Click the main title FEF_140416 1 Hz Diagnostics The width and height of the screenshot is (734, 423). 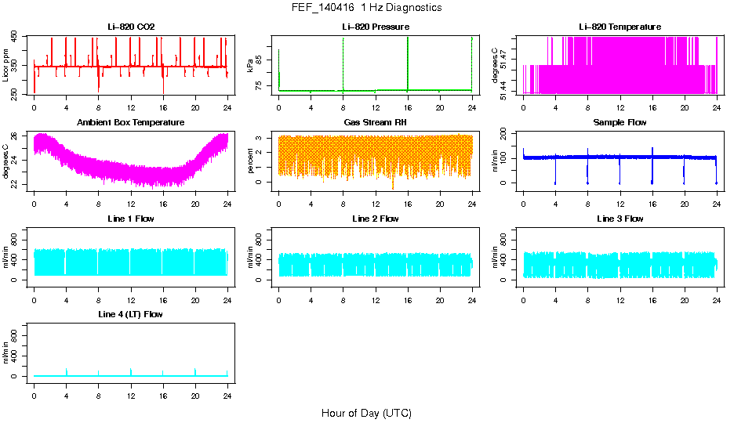point(366,8)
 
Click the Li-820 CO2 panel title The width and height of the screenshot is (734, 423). point(131,27)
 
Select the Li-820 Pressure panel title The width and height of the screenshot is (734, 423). point(375,27)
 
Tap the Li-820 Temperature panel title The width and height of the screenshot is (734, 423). point(620,27)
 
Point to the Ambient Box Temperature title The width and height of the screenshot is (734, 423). point(131,123)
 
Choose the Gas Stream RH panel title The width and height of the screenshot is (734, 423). point(375,123)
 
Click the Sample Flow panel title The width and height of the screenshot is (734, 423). point(620,123)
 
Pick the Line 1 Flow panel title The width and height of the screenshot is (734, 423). point(131,219)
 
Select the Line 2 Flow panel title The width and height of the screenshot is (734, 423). point(375,219)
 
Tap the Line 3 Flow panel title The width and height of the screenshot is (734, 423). point(620,219)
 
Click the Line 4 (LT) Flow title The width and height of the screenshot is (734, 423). point(131,314)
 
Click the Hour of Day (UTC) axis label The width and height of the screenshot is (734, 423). point(366,413)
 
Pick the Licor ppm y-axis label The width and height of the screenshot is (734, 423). point(6,66)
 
